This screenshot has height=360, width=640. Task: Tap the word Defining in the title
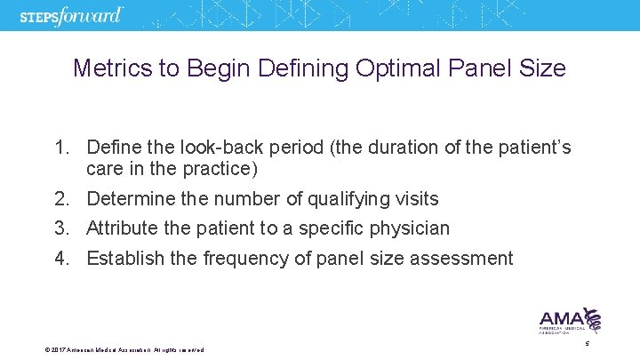pyautogui.click(x=310, y=68)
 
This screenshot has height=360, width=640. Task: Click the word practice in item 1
pyautogui.click(x=210, y=168)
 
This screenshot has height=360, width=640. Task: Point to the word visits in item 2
pyautogui.click(x=415, y=198)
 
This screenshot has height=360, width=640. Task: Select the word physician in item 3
pyautogui.click(x=409, y=228)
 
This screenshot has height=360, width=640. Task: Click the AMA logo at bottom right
pyautogui.click(x=570, y=321)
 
